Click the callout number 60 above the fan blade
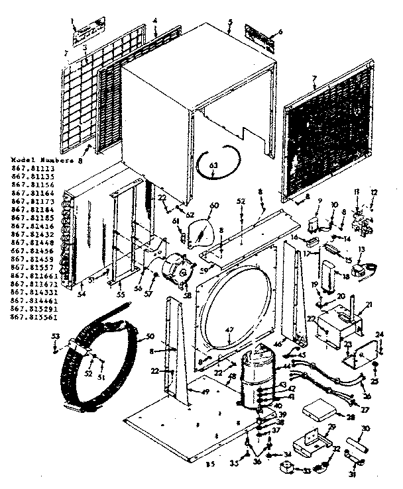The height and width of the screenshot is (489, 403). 213,206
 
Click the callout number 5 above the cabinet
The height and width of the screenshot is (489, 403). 229,22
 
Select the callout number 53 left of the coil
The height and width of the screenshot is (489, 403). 56,337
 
